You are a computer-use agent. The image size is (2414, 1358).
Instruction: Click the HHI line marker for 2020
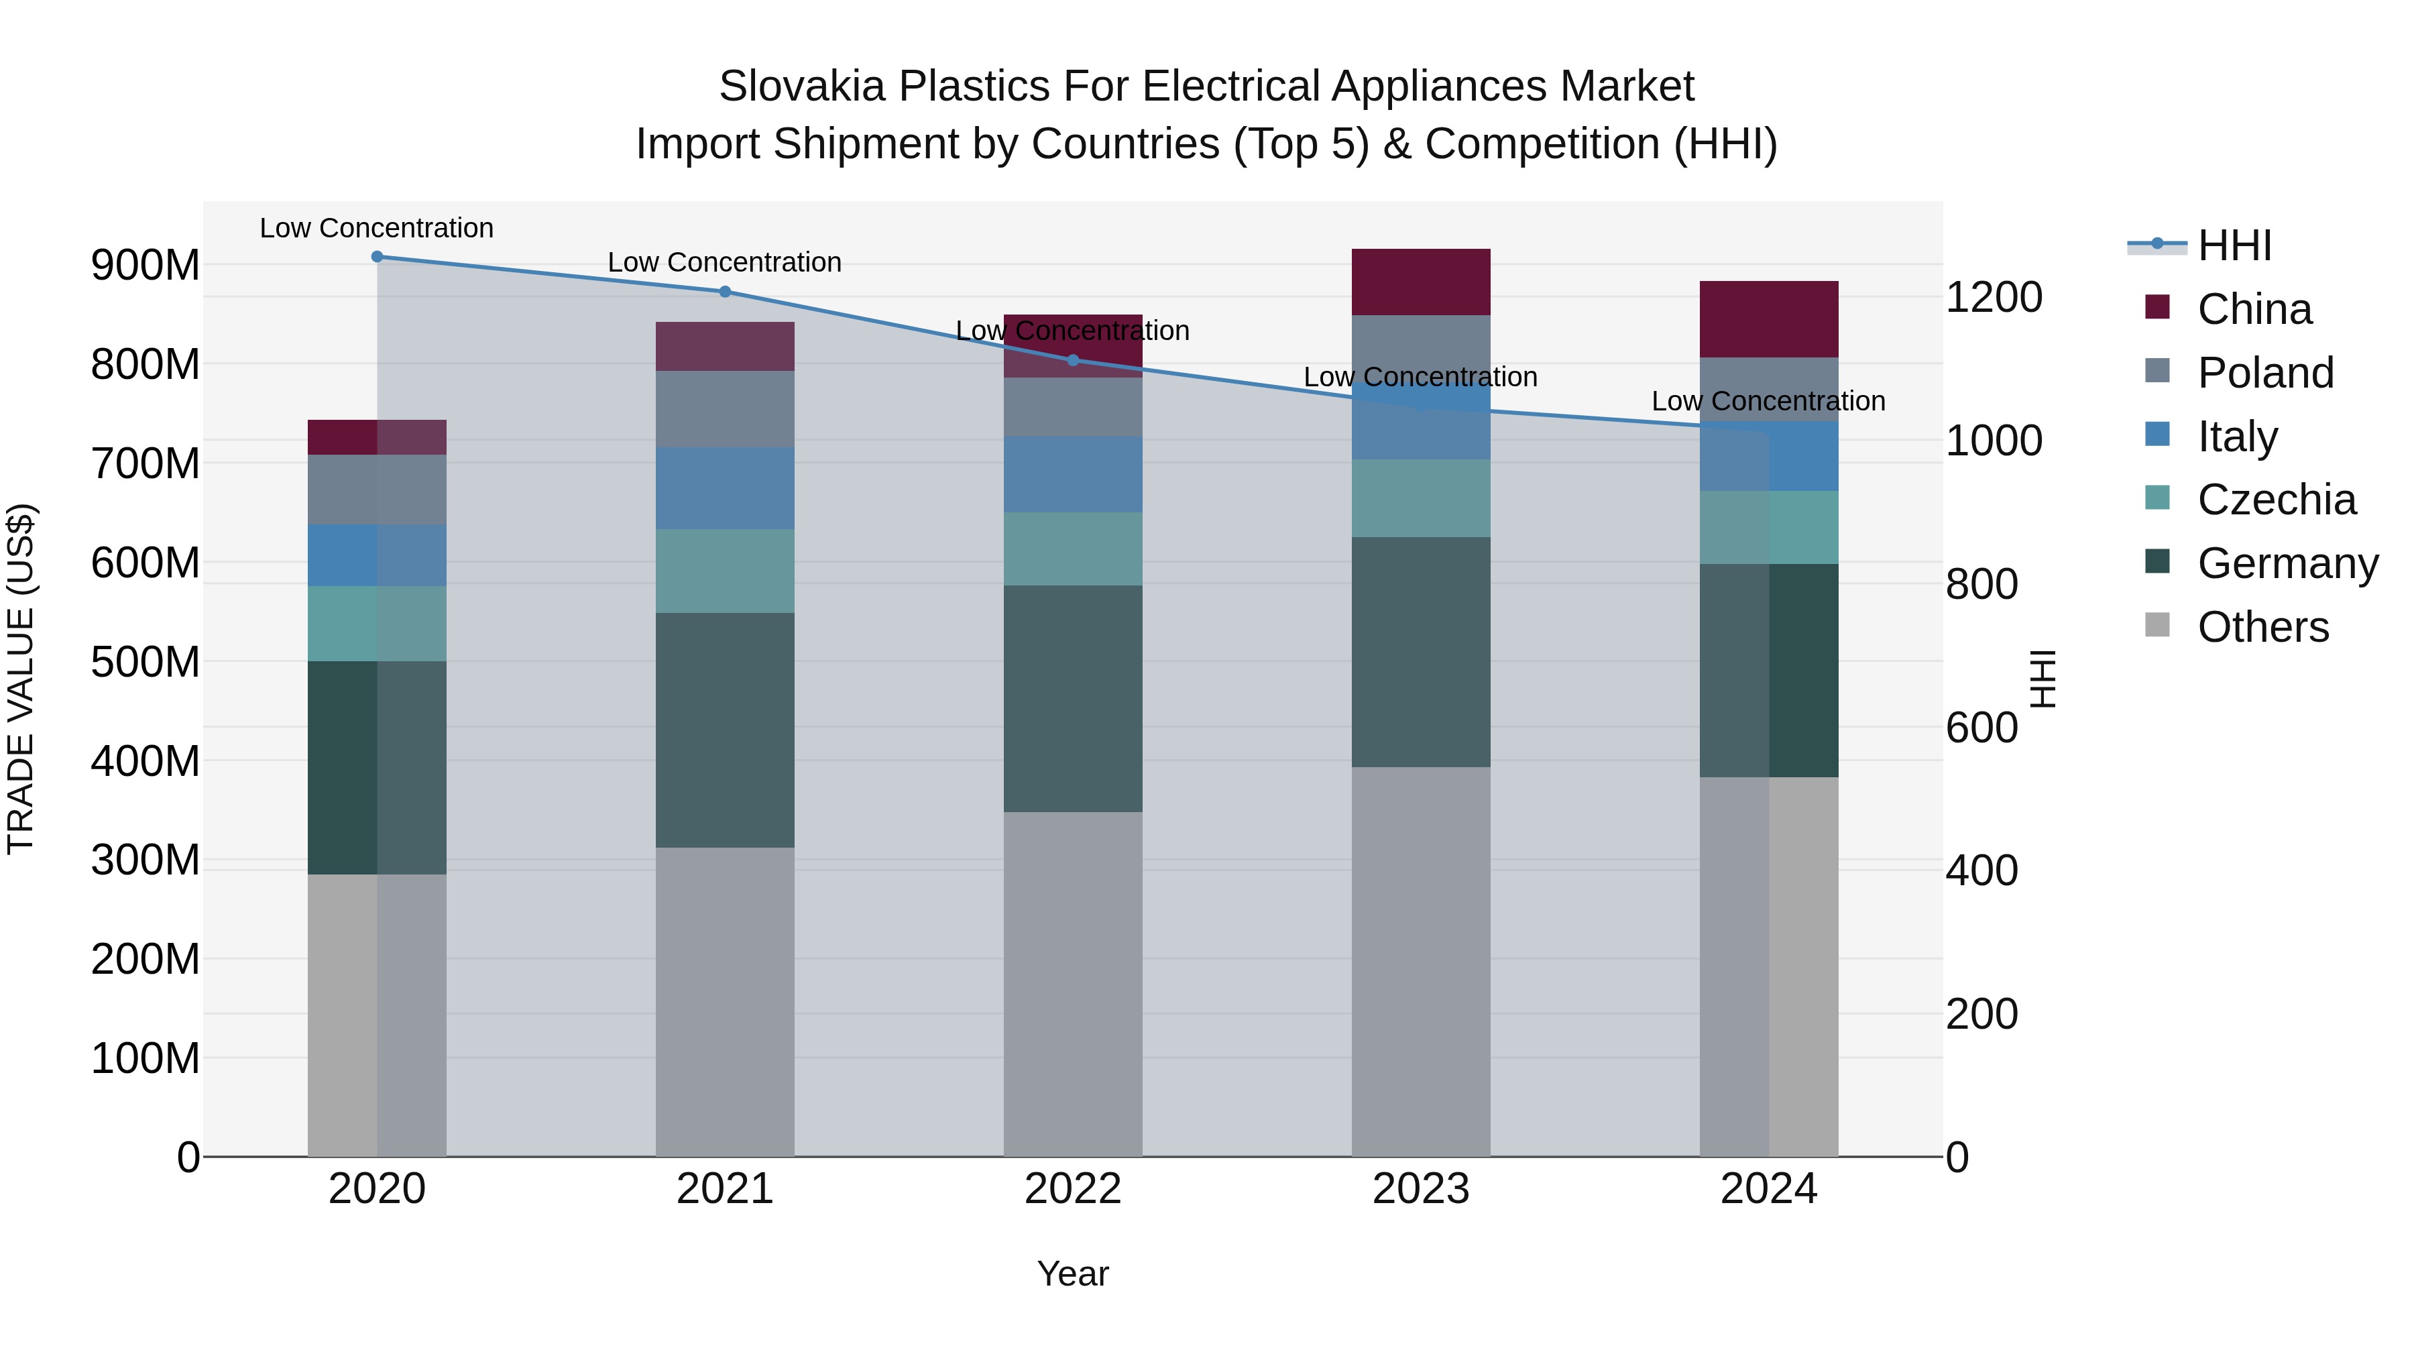tap(377, 257)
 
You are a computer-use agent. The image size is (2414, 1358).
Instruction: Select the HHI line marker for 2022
tap(1073, 360)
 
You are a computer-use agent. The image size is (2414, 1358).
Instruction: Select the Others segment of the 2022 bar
tap(1073, 984)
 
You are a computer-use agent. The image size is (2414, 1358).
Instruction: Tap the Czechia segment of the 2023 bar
tap(1421, 498)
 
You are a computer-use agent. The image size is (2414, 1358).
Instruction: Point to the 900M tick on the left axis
tap(146, 265)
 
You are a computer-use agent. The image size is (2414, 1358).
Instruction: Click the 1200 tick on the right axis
tap(1994, 297)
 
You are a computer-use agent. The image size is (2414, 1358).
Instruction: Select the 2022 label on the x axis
tap(1073, 1189)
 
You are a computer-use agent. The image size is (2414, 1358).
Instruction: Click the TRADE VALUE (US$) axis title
tap(21, 679)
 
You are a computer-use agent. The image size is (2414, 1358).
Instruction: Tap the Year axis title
tap(1073, 1274)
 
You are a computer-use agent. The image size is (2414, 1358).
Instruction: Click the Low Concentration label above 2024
tap(1768, 401)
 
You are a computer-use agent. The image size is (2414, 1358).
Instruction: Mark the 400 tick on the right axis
tap(1982, 870)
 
